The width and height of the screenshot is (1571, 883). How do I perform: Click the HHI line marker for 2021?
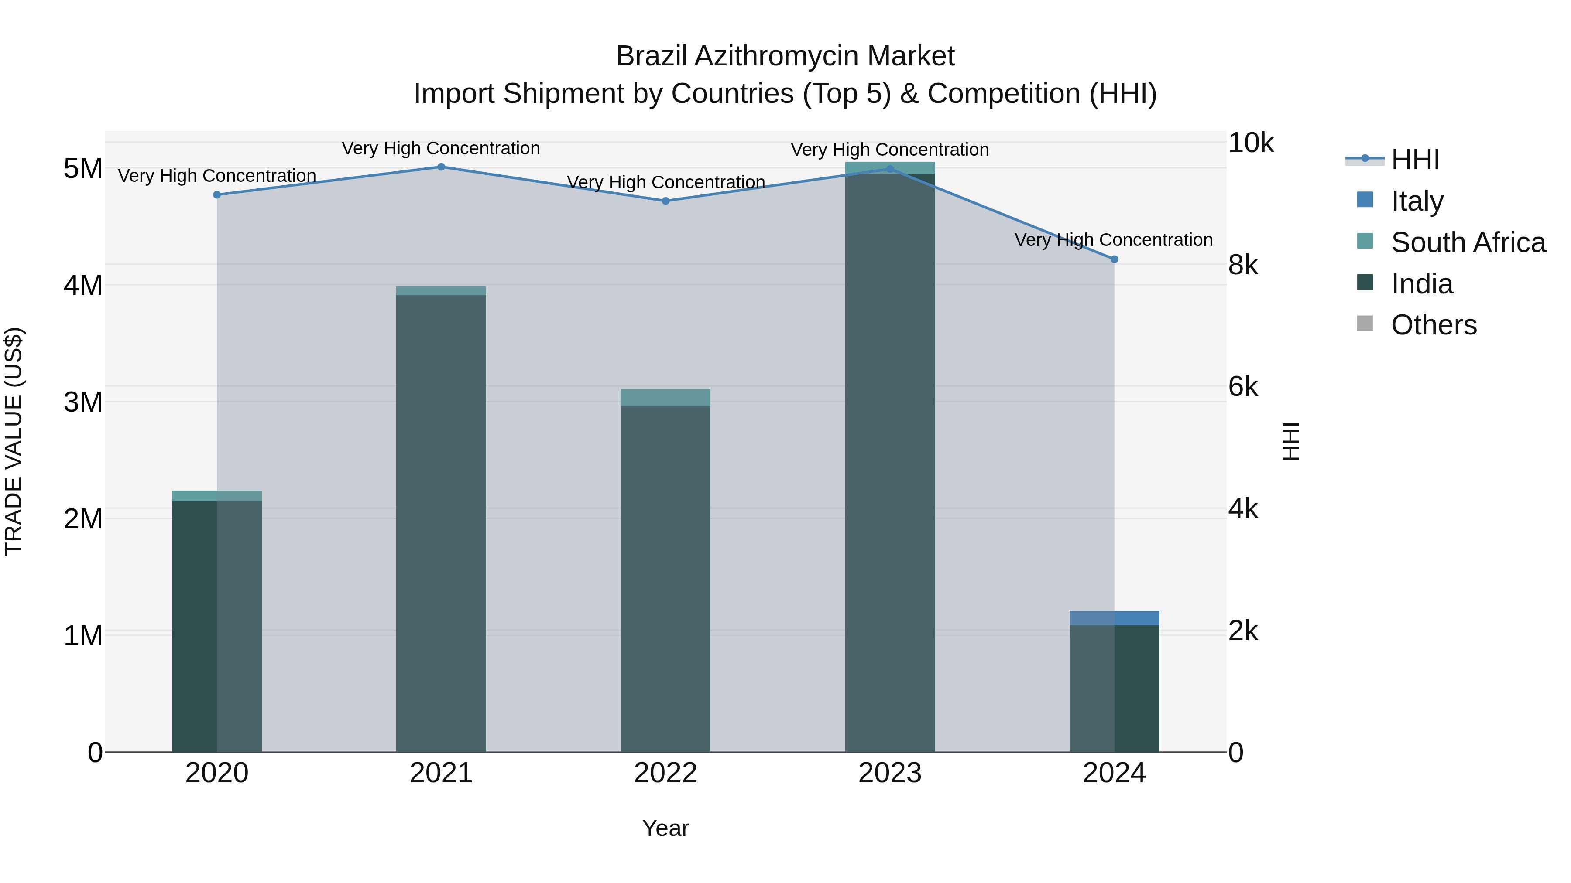(x=441, y=167)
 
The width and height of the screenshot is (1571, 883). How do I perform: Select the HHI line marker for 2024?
(x=1114, y=259)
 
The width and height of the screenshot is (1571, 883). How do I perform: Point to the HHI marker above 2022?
(x=665, y=201)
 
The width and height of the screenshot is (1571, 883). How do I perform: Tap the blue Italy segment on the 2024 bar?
(x=1114, y=618)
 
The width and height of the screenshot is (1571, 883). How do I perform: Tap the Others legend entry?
(x=1433, y=325)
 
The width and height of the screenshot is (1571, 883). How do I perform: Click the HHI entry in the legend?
(x=1415, y=160)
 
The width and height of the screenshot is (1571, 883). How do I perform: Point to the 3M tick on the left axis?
(x=83, y=402)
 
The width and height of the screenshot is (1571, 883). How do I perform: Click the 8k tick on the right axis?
(x=1243, y=265)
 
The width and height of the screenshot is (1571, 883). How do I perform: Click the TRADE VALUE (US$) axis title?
(x=14, y=442)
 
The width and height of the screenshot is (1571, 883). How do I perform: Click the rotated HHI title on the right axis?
(x=1291, y=442)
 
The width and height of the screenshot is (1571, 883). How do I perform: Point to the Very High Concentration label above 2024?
(x=1114, y=240)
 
